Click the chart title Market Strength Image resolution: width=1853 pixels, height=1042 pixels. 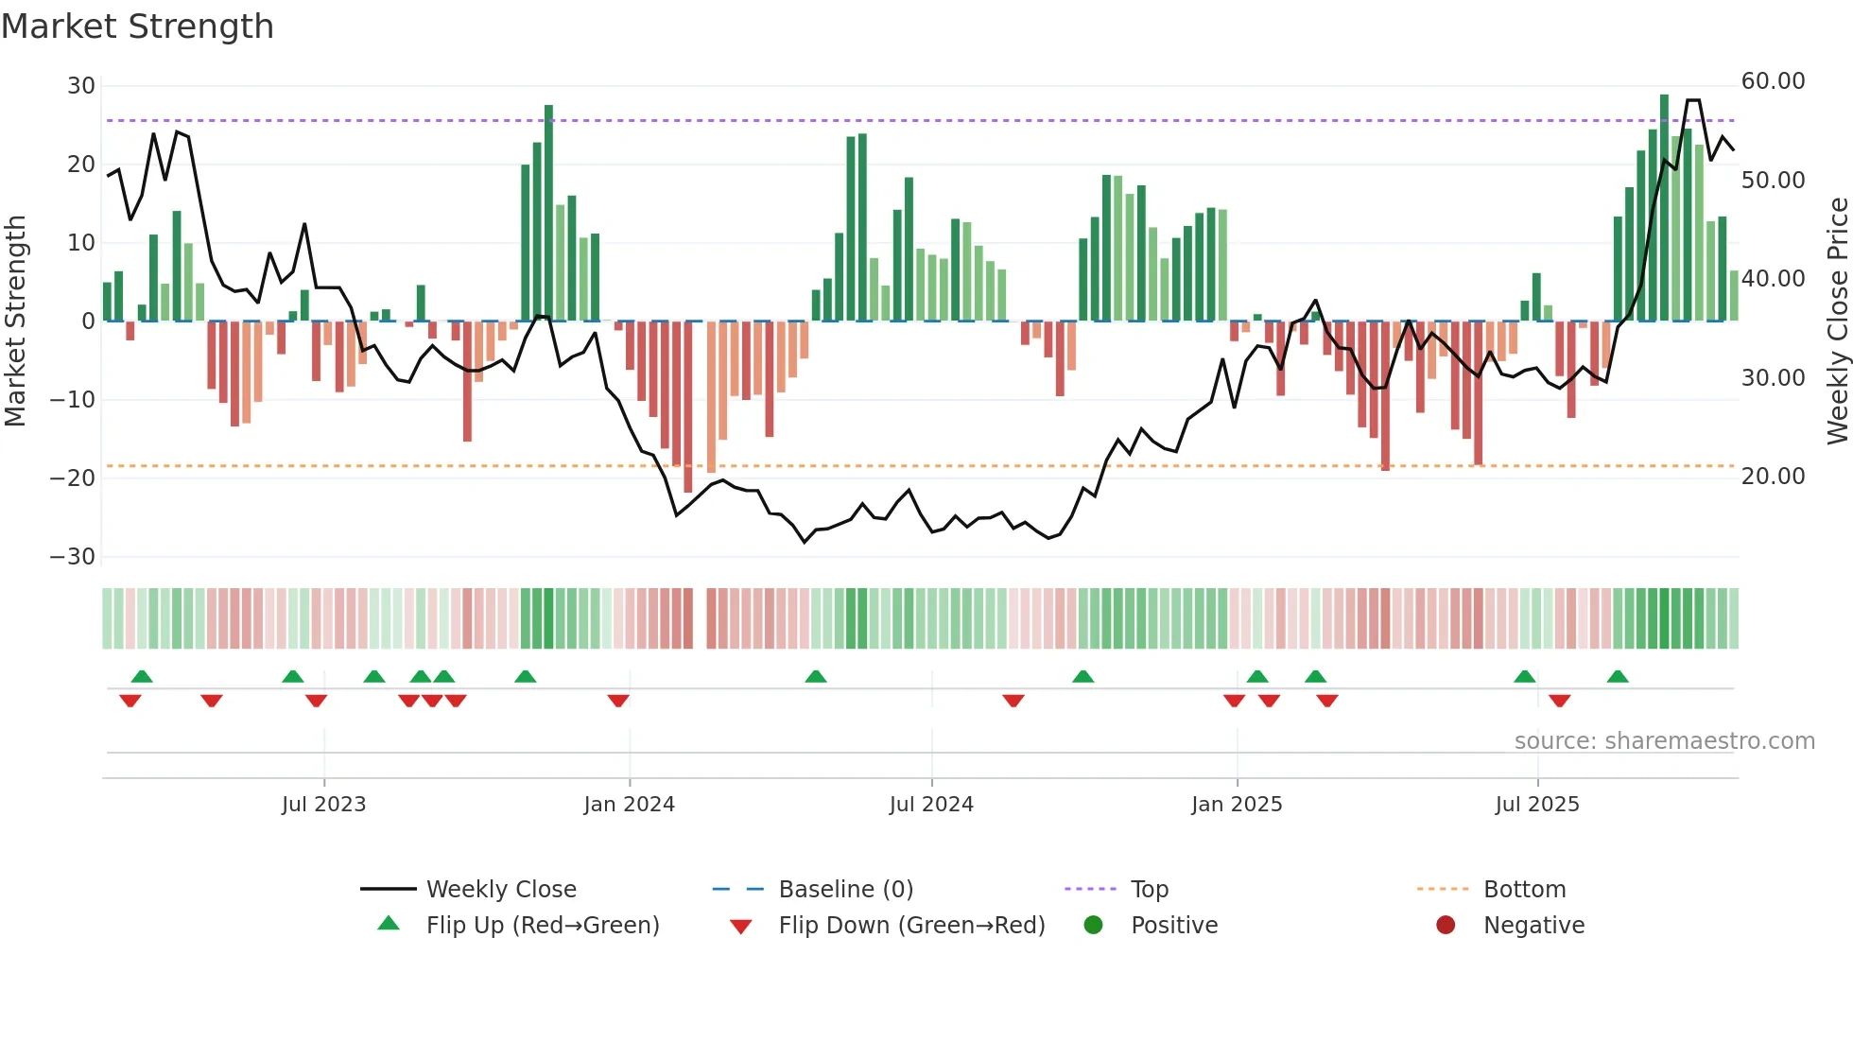point(137,26)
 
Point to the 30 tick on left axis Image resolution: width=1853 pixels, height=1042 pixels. point(81,86)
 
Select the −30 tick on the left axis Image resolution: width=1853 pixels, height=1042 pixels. point(73,557)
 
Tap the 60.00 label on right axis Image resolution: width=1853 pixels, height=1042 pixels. point(1773,81)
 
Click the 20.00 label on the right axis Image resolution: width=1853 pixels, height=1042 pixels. point(1773,477)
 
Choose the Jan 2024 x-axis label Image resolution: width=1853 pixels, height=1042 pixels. point(629,805)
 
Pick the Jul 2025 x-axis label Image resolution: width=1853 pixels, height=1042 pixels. point(1536,805)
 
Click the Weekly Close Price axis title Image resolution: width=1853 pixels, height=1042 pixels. point(1837,321)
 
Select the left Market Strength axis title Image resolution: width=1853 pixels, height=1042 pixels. point(15,321)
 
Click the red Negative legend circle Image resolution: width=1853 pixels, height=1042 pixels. point(1446,925)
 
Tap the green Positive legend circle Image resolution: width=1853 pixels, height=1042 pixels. point(1094,925)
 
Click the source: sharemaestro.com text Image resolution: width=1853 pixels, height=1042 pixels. point(1664,741)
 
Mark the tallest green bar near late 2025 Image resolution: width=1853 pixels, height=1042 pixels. point(1664,208)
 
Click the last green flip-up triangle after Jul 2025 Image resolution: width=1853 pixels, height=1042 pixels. point(1618,677)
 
